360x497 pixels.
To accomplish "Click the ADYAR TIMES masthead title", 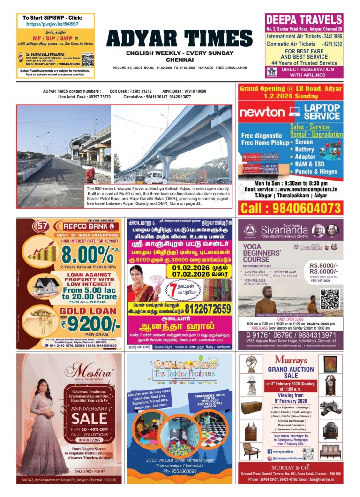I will [180, 39].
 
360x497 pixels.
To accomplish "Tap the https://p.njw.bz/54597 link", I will [52, 23].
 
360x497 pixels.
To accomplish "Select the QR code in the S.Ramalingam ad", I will [88, 59].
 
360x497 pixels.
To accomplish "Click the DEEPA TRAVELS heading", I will [304, 20].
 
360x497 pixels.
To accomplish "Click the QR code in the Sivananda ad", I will [329, 299].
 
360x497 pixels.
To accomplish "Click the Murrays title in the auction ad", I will [290, 360].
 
